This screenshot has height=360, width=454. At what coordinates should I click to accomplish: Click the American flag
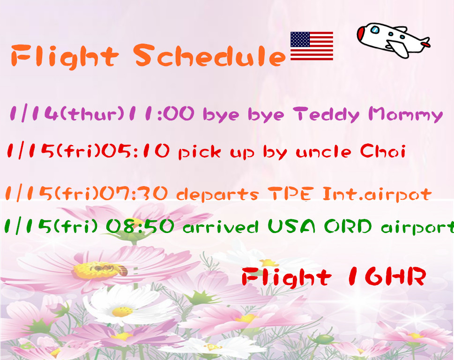click(x=312, y=46)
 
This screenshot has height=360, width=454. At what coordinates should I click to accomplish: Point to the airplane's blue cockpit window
click(x=375, y=30)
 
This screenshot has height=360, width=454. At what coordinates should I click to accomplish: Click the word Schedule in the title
click(x=209, y=55)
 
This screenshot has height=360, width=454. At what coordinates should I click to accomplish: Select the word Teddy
click(x=326, y=115)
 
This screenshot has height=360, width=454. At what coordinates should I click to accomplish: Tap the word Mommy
click(x=406, y=114)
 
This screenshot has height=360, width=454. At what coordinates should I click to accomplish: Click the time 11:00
click(x=162, y=113)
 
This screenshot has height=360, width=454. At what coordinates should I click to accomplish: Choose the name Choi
click(x=382, y=150)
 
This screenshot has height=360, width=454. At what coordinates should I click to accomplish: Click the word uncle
click(x=323, y=152)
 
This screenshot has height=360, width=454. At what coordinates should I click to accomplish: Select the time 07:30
click(x=134, y=193)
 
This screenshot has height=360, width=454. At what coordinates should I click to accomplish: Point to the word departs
click(x=217, y=195)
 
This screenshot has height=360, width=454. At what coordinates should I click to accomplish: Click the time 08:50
click(x=140, y=226)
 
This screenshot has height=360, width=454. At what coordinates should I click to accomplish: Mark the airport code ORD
click(x=348, y=226)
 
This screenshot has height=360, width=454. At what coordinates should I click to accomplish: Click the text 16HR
click(x=386, y=276)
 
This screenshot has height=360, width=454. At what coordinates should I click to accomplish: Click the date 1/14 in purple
click(x=34, y=113)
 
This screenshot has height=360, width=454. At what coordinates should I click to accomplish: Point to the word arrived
click(x=221, y=227)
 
